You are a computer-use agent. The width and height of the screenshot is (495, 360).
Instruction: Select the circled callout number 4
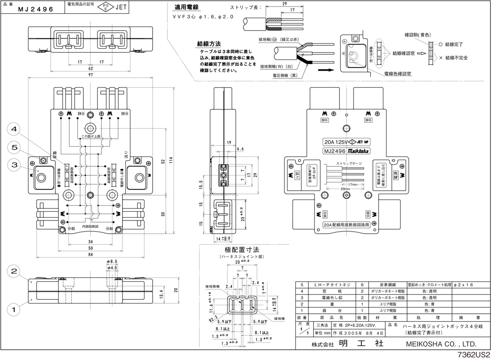click(x=14, y=129)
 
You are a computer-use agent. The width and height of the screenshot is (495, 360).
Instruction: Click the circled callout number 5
click(x=14, y=147)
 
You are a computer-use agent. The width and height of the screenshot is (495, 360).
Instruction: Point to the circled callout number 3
click(x=14, y=165)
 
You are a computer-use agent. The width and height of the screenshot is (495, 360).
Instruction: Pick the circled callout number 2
click(x=14, y=271)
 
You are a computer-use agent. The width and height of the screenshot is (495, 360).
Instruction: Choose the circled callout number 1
click(x=14, y=308)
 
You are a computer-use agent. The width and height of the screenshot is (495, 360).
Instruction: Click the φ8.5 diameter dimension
click(x=112, y=261)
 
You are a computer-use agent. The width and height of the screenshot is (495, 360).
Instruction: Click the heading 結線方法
click(x=209, y=43)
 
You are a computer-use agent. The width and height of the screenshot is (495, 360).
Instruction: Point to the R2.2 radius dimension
click(x=214, y=318)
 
